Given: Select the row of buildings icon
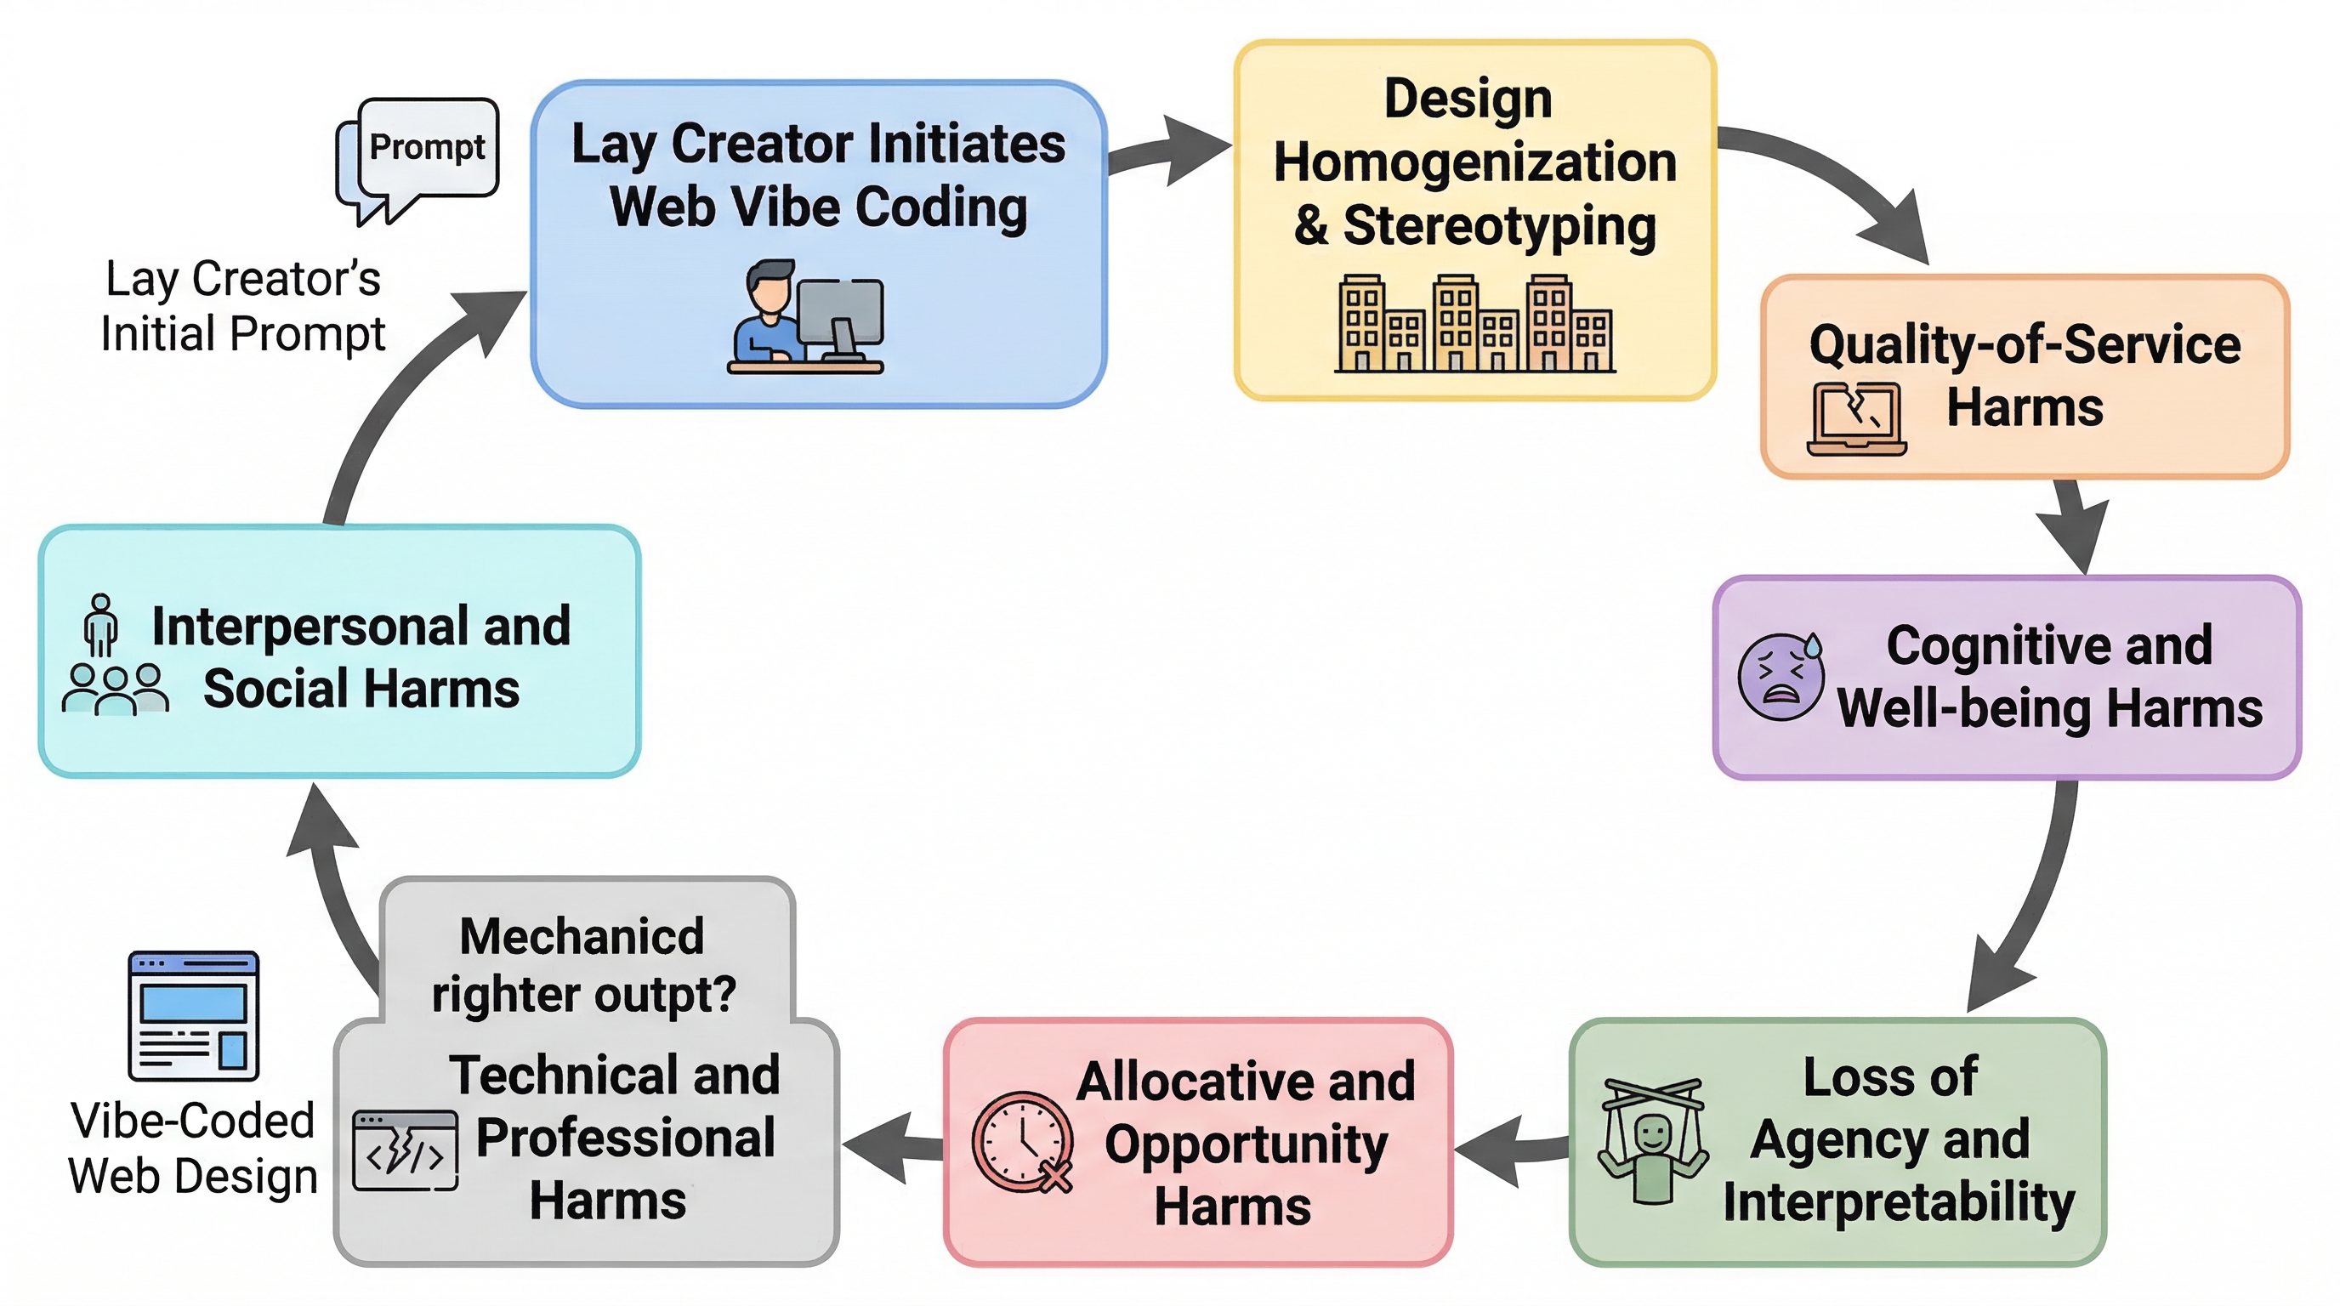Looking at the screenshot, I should (x=1474, y=324).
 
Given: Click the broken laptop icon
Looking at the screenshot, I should (x=1856, y=418).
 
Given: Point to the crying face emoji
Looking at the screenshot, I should (x=1781, y=677).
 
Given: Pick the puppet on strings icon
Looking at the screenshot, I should (x=1652, y=1141).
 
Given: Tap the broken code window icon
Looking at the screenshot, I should (x=405, y=1150).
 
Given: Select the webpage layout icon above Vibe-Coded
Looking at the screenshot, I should (x=194, y=1015).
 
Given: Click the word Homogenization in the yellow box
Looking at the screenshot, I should (x=1474, y=162).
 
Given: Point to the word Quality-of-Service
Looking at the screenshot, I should (x=2025, y=345).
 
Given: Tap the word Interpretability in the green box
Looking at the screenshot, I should (x=1899, y=1201).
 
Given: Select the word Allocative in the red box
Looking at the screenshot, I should (x=1246, y=1081).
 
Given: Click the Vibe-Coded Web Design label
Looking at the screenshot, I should (x=192, y=1148).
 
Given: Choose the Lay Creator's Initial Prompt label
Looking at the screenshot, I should (x=242, y=306).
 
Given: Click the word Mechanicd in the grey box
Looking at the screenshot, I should (x=582, y=936).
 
